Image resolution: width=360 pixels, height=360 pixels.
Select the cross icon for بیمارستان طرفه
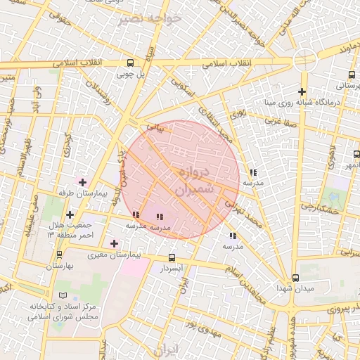(82, 182)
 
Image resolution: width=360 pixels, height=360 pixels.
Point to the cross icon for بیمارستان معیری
(115, 243)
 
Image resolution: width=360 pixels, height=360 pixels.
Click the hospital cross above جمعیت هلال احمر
(70, 214)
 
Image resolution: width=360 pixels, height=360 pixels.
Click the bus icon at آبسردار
(172, 258)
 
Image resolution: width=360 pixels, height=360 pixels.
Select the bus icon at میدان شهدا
(295, 278)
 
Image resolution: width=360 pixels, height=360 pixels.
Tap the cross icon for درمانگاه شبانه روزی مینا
(302, 91)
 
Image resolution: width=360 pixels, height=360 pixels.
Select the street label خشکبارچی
(321, 208)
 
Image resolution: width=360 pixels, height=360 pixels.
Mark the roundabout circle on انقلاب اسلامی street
(304, 60)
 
